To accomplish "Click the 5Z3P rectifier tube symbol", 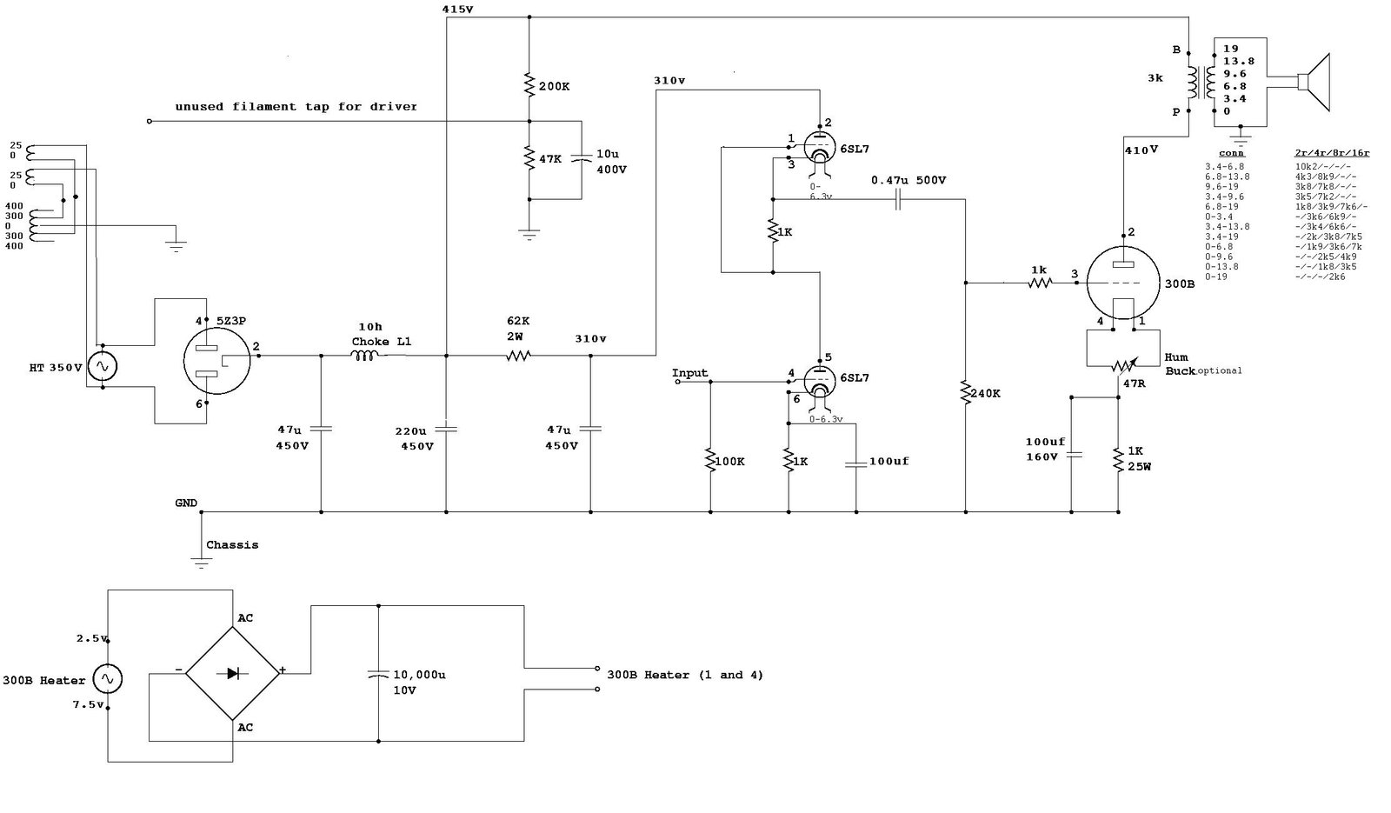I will pyautogui.click(x=216, y=362).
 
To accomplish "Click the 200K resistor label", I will pyautogui.click(x=555, y=87).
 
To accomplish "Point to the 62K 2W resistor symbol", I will pyautogui.click(x=519, y=355).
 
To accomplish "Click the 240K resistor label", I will pyautogui.click(x=985, y=393).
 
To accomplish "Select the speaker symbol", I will pyautogui.click(x=1314, y=83).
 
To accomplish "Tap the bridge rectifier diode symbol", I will pyautogui.click(x=233, y=672).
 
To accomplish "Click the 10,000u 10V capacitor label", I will pyautogui.click(x=419, y=682).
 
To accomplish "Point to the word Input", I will pyautogui.click(x=690, y=373).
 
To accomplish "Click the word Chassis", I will pyautogui.click(x=232, y=545).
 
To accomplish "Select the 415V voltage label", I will pyautogui.click(x=457, y=9).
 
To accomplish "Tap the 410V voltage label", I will pyautogui.click(x=1141, y=150).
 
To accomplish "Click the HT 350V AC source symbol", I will pyautogui.click(x=102, y=367).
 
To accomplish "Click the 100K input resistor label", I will pyautogui.click(x=729, y=461).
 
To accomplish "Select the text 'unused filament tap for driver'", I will pyautogui.click(x=296, y=107).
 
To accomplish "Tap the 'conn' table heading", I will pyautogui.click(x=1231, y=153).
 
